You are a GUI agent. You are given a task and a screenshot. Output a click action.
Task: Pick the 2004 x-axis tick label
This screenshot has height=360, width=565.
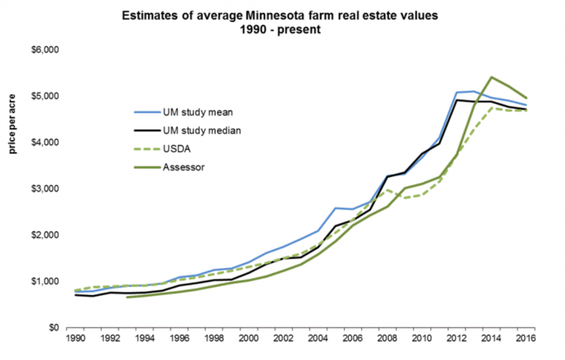coord(317,338)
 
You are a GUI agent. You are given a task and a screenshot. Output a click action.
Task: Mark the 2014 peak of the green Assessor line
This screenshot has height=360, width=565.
coord(492,77)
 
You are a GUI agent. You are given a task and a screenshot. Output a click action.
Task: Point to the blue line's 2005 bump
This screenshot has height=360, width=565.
coord(335,208)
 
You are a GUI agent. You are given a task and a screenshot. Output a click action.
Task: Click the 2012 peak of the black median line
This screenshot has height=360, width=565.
coord(456,100)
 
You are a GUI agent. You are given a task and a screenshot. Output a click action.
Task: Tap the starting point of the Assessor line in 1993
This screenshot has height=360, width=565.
coord(127,297)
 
